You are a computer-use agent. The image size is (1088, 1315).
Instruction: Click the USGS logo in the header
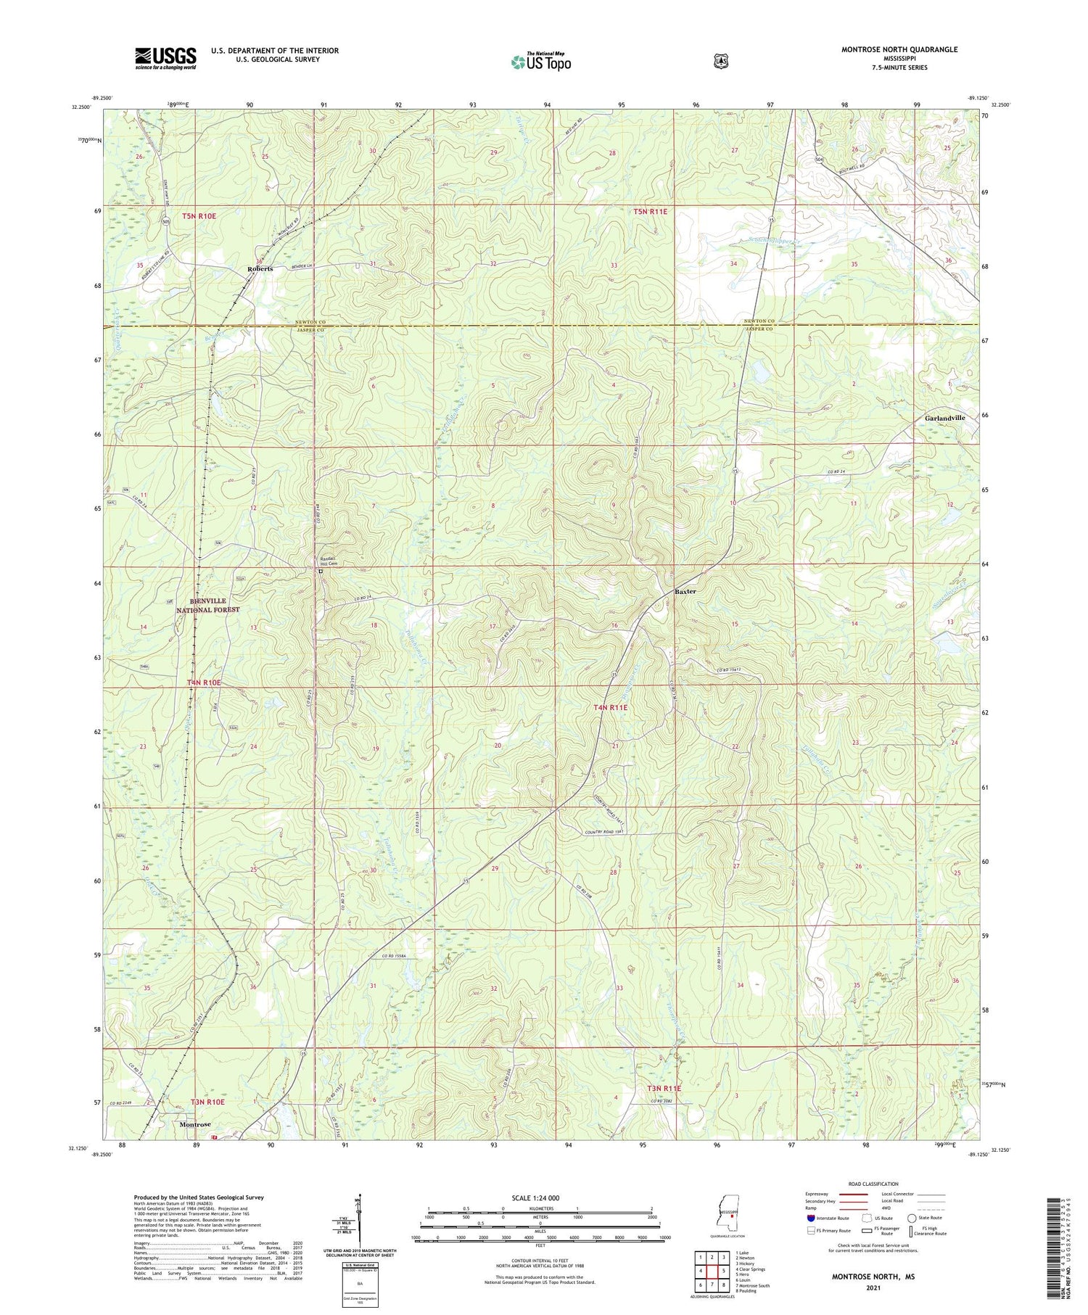click(x=165, y=58)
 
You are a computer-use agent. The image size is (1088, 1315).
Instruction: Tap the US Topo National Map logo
click(x=540, y=62)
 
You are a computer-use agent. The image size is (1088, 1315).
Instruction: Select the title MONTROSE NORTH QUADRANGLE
click(x=899, y=49)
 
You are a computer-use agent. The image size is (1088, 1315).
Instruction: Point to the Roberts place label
click(x=260, y=268)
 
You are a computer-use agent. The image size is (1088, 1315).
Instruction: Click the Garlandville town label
click(x=945, y=419)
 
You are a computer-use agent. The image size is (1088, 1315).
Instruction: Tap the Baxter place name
click(x=685, y=591)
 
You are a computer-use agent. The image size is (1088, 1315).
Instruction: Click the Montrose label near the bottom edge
click(x=194, y=1124)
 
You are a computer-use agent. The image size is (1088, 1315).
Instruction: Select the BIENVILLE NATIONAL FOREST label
click(x=207, y=606)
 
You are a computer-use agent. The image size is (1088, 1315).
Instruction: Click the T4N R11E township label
click(x=611, y=707)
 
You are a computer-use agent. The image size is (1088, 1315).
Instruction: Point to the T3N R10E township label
click(x=207, y=1102)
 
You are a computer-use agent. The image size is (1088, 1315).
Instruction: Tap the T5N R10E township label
click(x=199, y=216)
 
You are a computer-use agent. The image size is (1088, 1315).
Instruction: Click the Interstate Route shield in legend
click(x=809, y=1218)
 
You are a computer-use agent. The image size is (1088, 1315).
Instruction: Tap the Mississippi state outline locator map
click(x=728, y=1210)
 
